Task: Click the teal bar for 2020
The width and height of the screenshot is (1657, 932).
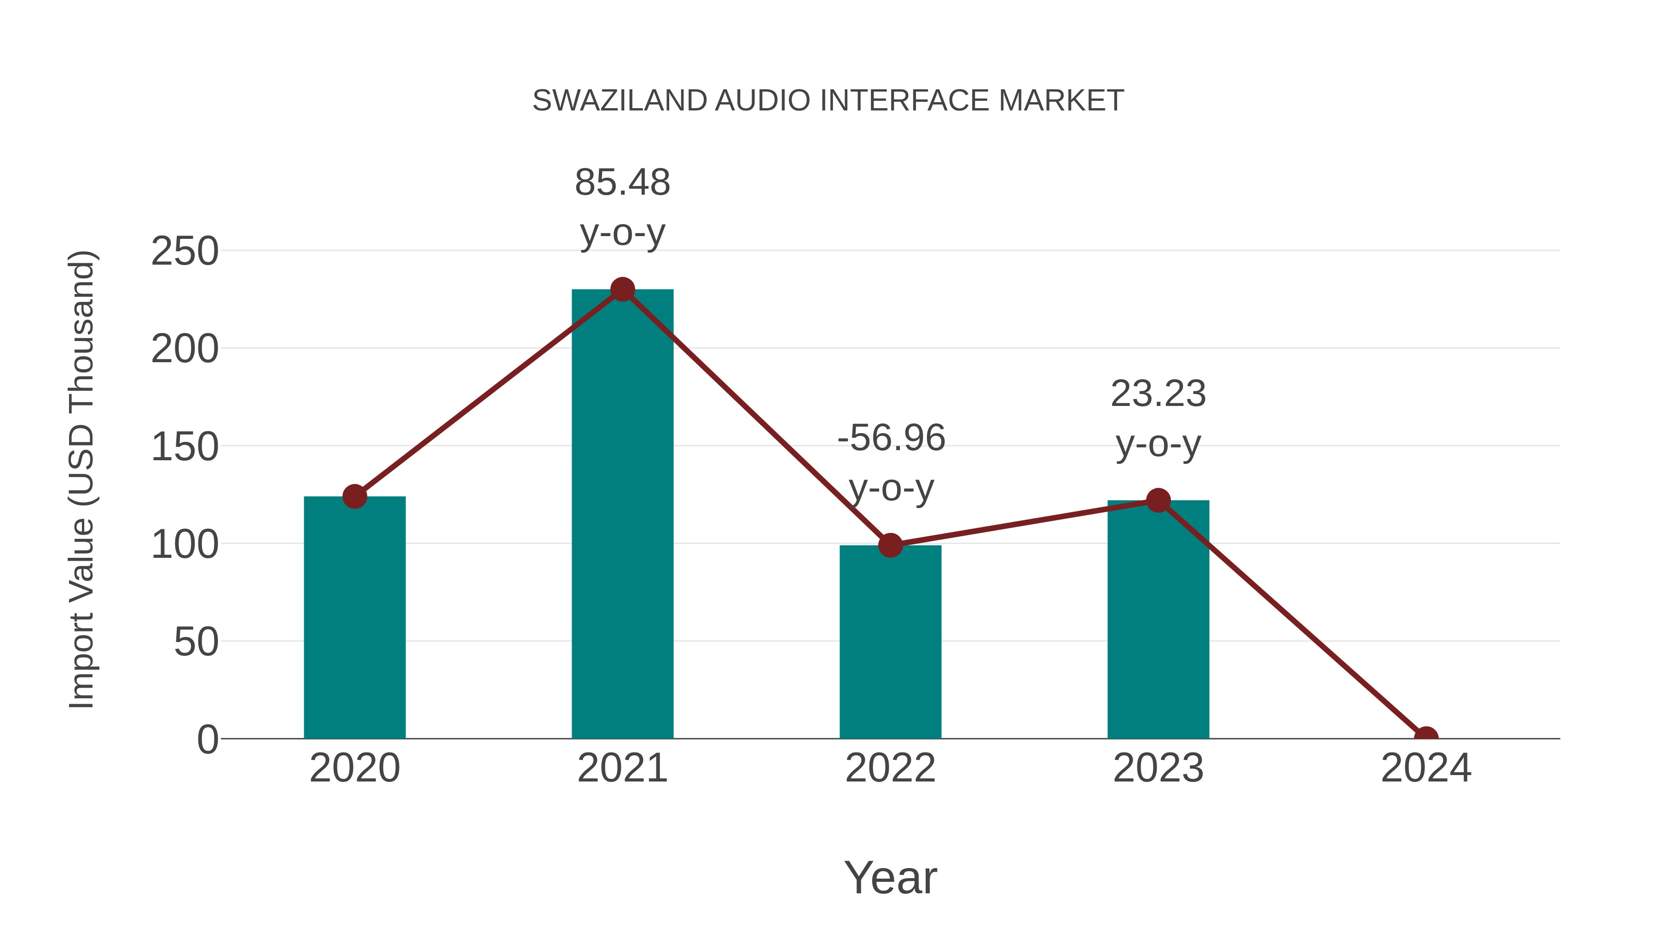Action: point(354,618)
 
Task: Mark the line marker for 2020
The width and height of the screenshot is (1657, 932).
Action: point(354,497)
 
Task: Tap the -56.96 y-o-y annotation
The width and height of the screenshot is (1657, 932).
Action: point(891,463)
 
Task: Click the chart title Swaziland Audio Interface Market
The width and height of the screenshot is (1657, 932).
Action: point(828,101)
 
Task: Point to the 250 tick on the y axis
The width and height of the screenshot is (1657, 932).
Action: point(185,251)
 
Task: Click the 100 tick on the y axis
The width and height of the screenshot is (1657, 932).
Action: point(185,545)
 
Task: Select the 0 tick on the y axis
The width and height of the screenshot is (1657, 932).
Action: point(208,740)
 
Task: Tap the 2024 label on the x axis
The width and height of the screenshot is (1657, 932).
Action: point(1425,769)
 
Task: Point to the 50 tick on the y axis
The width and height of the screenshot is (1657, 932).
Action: point(196,643)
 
